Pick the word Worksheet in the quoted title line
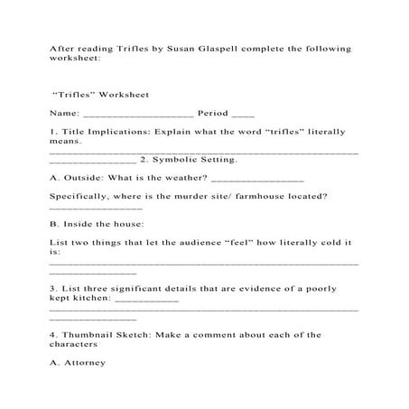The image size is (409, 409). (x=124, y=95)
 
